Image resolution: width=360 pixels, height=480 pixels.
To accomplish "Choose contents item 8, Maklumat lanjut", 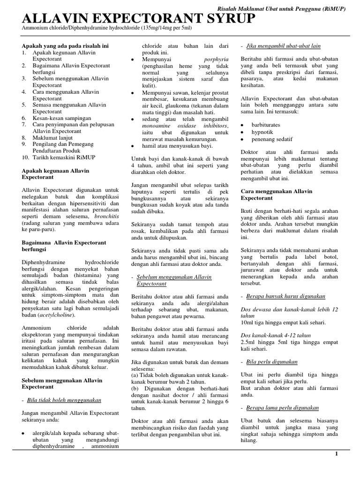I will click(x=54, y=138).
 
